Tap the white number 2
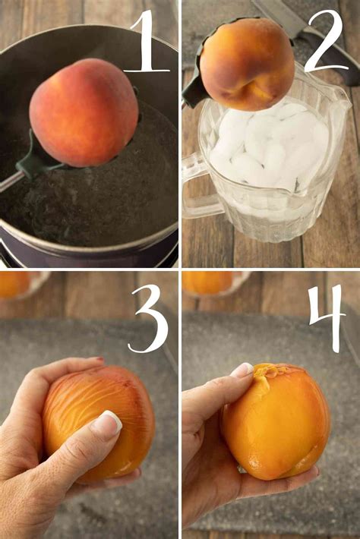[x=324, y=41]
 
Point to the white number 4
[x=327, y=318]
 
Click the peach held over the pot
[x=84, y=112]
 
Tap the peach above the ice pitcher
[x=248, y=65]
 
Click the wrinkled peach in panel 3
[x=99, y=423]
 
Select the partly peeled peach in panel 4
[x=276, y=421]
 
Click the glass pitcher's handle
[x=195, y=188]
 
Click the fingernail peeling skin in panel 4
[x=243, y=370]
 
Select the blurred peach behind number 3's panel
[x=15, y=284]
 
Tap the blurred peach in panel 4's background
[x=208, y=282]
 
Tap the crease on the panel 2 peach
[x=254, y=87]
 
